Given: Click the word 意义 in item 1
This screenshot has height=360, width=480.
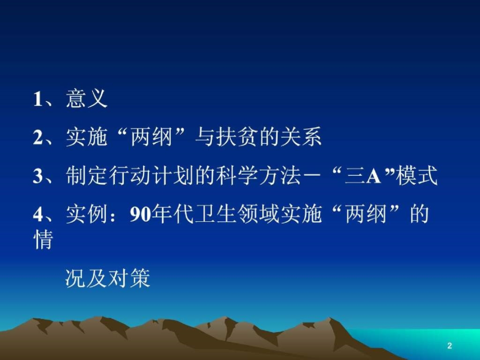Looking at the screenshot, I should tap(87, 99).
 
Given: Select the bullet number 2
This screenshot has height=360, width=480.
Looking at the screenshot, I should tap(38, 138).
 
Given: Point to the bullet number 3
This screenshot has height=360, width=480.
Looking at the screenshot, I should tap(38, 177).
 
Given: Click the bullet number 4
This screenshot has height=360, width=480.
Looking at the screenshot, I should tap(38, 215).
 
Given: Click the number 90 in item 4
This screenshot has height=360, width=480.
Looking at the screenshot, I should tap(139, 215).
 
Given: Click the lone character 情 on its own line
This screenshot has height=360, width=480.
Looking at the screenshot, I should tap(43, 240).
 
